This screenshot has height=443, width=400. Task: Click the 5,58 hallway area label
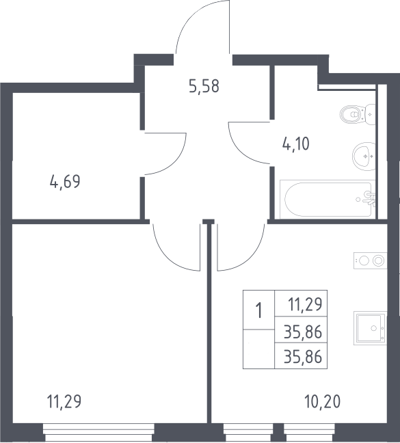click(x=204, y=86)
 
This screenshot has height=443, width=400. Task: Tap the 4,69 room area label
click(x=65, y=181)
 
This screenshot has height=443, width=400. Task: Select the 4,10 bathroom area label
click(x=296, y=144)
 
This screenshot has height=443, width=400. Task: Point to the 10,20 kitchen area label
click(x=322, y=401)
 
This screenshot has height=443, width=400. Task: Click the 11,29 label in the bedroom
click(x=64, y=401)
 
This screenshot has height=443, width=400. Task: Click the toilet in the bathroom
click(x=358, y=114)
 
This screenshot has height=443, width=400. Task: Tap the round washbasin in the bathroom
click(x=364, y=157)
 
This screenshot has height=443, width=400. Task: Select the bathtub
click(x=328, y=200)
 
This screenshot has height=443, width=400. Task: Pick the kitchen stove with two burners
click(x=370, y=260)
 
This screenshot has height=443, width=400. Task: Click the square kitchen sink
click(x=370, y=328)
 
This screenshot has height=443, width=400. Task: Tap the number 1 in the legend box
click(x=258, y=310)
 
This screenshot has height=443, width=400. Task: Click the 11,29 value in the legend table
click(x=305, y=304)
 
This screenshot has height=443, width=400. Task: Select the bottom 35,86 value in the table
click(x=303, y=357)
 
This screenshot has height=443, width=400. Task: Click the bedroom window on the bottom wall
click(x=98, y=431)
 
